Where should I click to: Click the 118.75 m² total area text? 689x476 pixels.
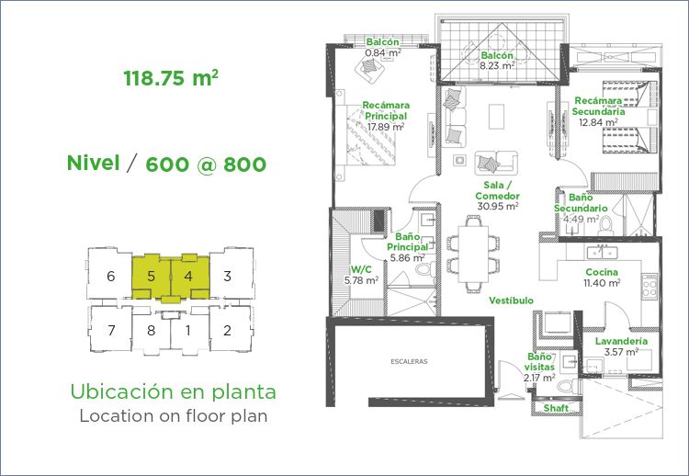pyautogui.click(x=171, y=78)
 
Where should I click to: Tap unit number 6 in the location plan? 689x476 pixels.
pyautogui.click(x=111, y=276)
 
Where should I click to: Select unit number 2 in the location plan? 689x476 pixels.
pyautogui.click(x=227, y=330)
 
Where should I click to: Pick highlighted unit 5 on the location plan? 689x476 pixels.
pyautogui.click(x=152, y=277)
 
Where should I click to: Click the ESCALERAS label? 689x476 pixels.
pyautogui.click(x=409, y=362)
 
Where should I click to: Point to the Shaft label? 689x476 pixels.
pyautogui.click(x=556, y=408)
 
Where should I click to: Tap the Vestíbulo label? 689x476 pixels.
pyautogui.click(x=512, y=300)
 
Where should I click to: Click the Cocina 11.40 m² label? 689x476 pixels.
pyautogui.click(x=602, y=278)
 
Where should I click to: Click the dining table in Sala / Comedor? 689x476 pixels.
pyautogui.click(x=473, y=254)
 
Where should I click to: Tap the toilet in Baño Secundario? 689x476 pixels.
pyautogui.click(x=605, y=225)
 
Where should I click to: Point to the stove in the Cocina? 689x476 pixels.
pyautogui.click(x=649, y=287)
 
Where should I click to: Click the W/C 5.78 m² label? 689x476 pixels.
pyautogui.click(x=362, y=275)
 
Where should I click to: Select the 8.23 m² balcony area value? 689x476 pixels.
pyautogui.click(x=497, y=66)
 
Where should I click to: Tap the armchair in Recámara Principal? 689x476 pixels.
pyautogui.click(x=370, y=68)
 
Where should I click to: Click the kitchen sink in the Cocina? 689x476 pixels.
pyautogui.click(x=602, y=253)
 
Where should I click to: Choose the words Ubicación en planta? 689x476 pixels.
pyautogui.click(x=173, y=391)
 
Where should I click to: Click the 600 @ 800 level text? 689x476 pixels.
pyautogui.click(x=206, y=164)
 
